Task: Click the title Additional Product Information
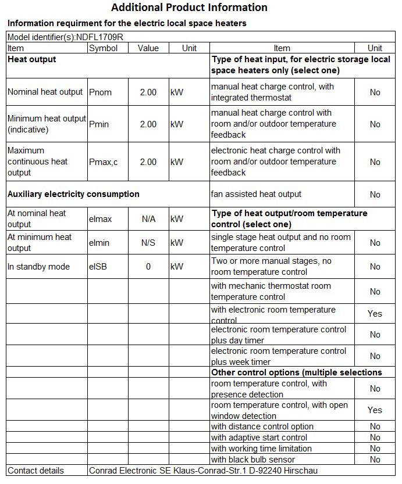(x=189, y=8)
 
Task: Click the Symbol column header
(x=103, y=48)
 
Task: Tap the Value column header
(x=148, y=48)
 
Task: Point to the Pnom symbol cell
(x=100, y=92)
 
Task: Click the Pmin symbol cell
(x=100, y=124)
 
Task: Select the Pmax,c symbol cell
(x=103, y=162)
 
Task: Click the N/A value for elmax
(x=148, y=219)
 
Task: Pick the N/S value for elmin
(x=148, y=243)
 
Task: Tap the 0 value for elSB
(x=148, y=267)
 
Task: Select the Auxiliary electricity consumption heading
(x=73, y=194)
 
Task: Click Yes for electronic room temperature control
(x=375, y=314)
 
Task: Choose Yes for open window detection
(x=375, y=410)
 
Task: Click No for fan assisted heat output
(x=375, y=195)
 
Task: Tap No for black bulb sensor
(x=375, y=460)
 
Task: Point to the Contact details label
(x=35, y=471)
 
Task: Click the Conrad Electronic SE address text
(x=204, y=471)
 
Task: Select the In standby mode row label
(x=38, y=267)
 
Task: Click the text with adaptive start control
(x=259, y=438)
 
